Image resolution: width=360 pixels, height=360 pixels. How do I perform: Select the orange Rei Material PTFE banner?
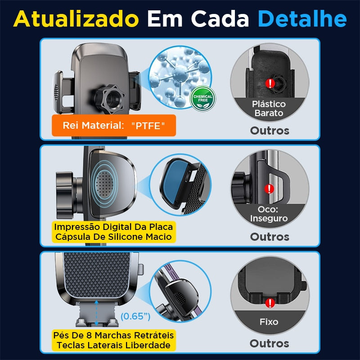pyautogui.click(x=113, y=126)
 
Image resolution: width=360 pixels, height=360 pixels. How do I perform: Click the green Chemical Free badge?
pyautogui.click(x=203, y=99)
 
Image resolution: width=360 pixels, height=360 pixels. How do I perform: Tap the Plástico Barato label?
pyautogui.click(x=269, y=108)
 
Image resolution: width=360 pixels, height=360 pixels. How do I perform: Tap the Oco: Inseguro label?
pyautogui.click(x=270, y=214)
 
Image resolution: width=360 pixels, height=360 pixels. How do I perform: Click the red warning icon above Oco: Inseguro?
pyautogui.click(x=269, y=189)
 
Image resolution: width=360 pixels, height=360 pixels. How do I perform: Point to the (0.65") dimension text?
pyautogui.click(x=135, y=316)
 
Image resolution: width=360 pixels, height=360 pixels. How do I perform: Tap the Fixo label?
pyautogui.click(x=269, y=322)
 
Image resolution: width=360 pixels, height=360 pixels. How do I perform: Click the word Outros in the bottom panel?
pyautogui.click(x=270, y=343)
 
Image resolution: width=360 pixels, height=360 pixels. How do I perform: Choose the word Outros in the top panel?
pyautogui.click(x=270, y=131)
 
